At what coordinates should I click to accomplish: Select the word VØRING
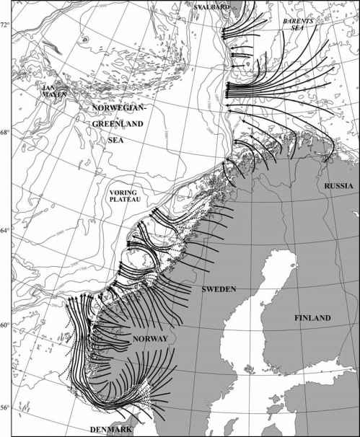pos(123,193)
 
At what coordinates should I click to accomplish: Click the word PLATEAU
pos(125,202)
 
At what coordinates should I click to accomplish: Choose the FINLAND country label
pos(311,318)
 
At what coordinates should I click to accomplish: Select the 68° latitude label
pos(6,133)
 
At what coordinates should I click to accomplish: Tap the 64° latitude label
pos(6,230)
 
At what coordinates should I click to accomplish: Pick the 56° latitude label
pos(6,407)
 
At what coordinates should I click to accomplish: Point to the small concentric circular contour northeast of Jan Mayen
pos(84,40)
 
